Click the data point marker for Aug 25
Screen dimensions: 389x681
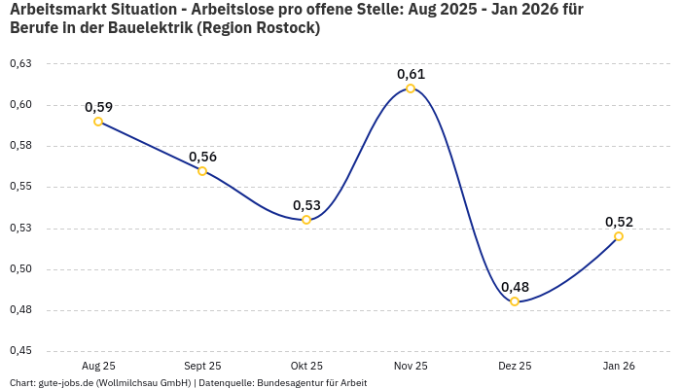pyautogui.click(x=98, y=122)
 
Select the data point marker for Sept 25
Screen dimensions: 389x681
pyautogui.click(x=202, y=171)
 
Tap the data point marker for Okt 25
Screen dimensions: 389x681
pyautogui.click(x=306, y=220)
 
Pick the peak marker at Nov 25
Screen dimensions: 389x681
pyautogui.click(x=411, y=88)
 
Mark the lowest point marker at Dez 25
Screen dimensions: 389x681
pyautogui.click(x=515, y=301)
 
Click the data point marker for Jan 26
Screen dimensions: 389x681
pyautogui.click(x=619, y=236)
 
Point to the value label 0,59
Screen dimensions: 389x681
pyautogui.click(x=98, y=107)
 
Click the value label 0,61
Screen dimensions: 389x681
pyautogui.click(x=411, y=74)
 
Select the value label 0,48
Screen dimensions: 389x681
pyautogui.click(x=515, y=287)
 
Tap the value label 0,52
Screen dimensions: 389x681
pyautogui.click(x=619, y=222)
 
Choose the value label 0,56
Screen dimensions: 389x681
pyautogui.click(x=202, y=157)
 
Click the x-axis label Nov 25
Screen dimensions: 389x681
pyautogui.click(x=411, y=366)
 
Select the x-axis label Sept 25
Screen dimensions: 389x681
pyautogui.click(x=202, y=366)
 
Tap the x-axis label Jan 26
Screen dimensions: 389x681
pyautogui.click(x=619, y=366)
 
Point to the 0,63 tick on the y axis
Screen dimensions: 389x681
pyautogui.click(x=20, y=64)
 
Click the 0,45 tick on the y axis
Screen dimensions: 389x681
pyautogui.click(x=20, y=351)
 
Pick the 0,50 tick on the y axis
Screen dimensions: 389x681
pyautogui.click(x=20, y=269)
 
